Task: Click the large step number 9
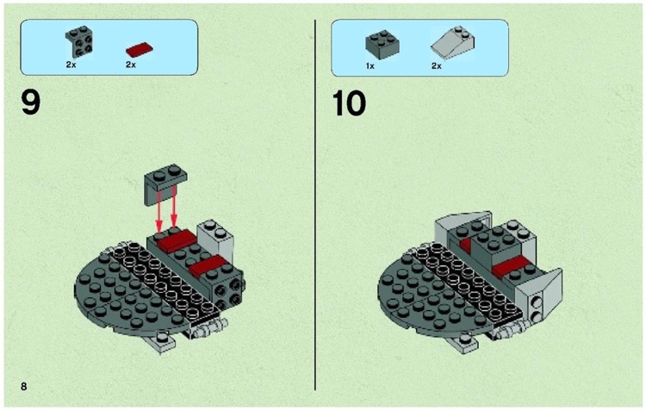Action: tap(30, 103)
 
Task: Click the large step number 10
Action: tap(349, 103)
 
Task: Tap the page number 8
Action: tap(24, 385)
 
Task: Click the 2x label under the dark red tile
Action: tap(131, 65)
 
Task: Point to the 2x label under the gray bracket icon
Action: tap(71, 65)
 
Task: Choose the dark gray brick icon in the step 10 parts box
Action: tap(379, 44)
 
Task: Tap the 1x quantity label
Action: tap(370, 65)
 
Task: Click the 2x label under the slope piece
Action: tap(437, 65)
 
